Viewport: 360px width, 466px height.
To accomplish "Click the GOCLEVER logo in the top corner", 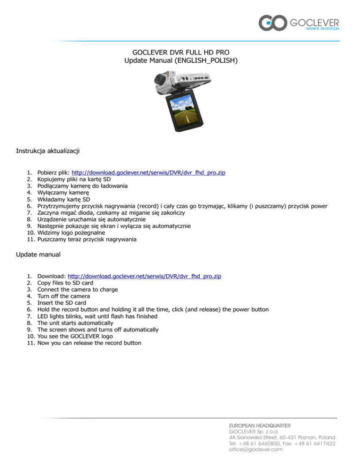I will coord(299,24).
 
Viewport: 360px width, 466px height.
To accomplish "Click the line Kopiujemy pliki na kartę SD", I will coord(74,179).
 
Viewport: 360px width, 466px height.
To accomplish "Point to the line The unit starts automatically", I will coord(75,323).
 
